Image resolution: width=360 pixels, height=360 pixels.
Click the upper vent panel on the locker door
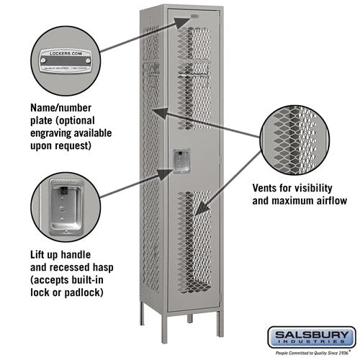click(x=195, y=79)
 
